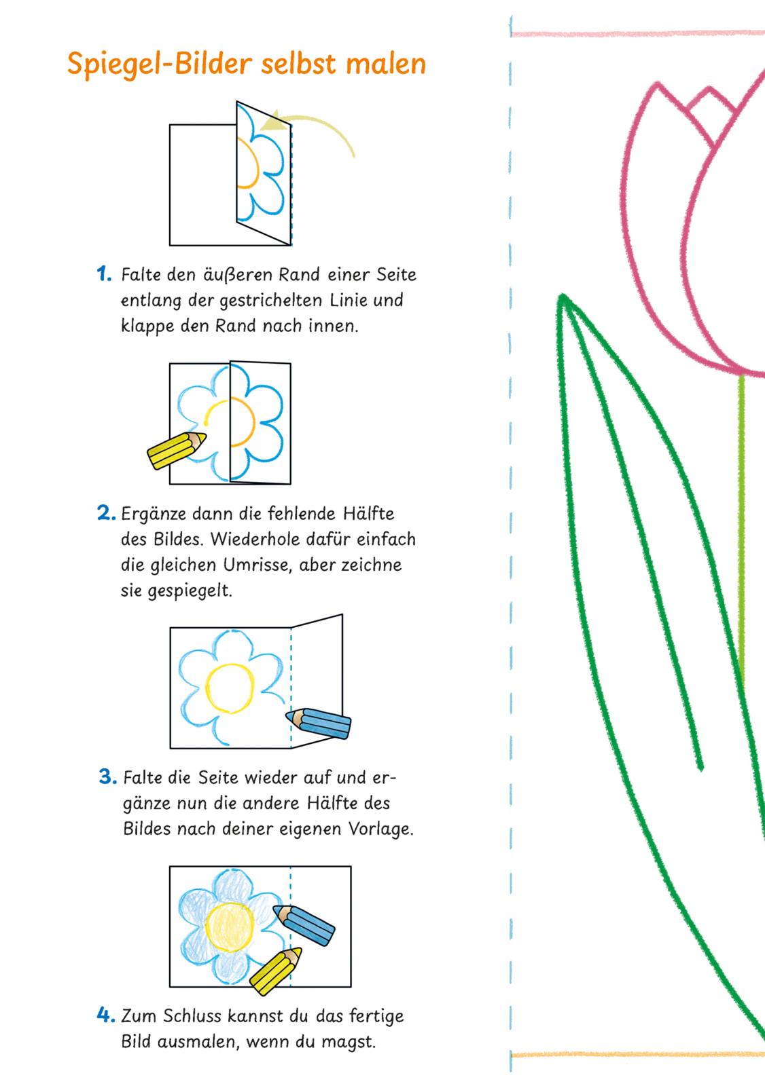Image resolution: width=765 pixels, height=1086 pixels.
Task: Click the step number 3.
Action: pyautogui.click(x=109, y=777)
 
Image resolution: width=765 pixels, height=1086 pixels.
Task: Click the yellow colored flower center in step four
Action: pyautogui.click(x=231, y=924)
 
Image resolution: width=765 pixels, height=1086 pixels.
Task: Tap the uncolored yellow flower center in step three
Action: pyautogui.click(x=229, y=690)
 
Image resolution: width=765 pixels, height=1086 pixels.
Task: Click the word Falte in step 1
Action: pyautogui.click(x=141, y=275)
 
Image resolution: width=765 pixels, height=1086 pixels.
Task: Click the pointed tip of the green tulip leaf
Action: pyautogui.click(x=563, y=296)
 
